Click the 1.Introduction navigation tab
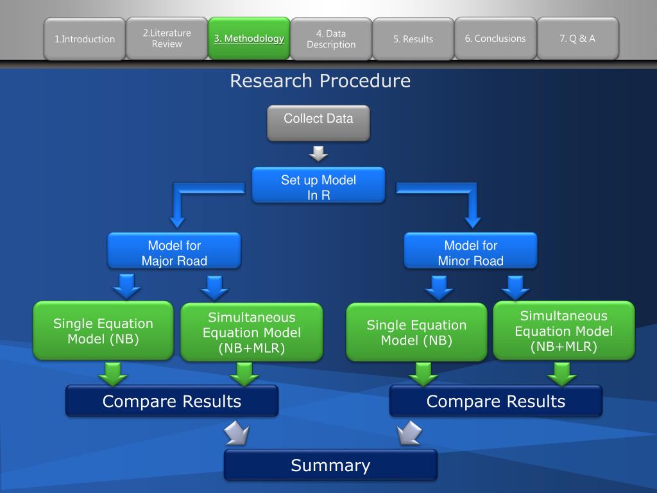click(85, 39)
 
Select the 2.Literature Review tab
click(167, 39)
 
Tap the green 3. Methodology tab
click(249, 38)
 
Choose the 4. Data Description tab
click(331, 39)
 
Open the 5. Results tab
click(413, 39)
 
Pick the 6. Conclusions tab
click(495, 39)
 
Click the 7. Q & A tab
click(578, 39)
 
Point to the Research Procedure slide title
click(320, 80)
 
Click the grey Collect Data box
click(318, 123)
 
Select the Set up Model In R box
click(318, 185)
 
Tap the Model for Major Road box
click(175, 251)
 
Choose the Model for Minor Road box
click(470, 251)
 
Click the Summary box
click(330, 465)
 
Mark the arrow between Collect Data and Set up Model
click(318, 154)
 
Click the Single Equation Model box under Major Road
click(103, 331)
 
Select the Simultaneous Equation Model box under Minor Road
click(564, 331)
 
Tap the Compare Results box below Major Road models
click(172, 401)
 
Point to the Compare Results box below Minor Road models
click(496, 401)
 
